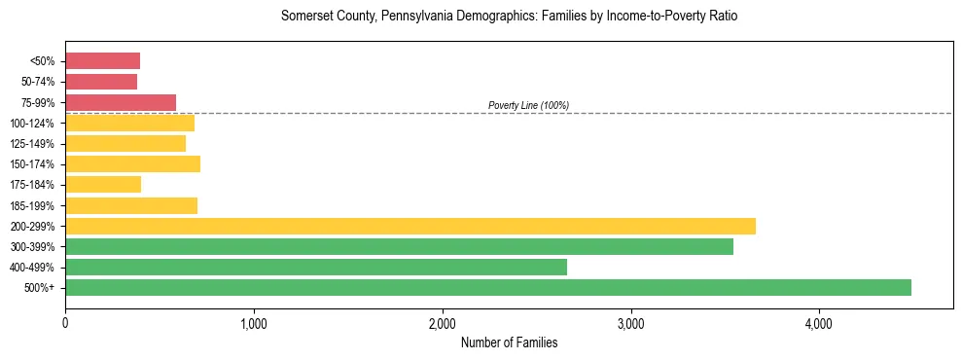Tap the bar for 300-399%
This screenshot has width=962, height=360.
pos(399,246)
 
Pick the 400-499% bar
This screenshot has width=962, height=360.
pos(316,267)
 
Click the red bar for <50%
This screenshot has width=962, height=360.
pos(102,61)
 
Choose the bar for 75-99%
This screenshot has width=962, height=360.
pos(121,102)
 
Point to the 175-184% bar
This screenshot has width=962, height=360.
pos(103,184)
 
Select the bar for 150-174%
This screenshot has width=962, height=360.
pos(132,163)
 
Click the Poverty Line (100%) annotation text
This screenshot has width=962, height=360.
pos(528,105)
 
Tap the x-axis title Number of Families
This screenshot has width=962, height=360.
pos(509,342)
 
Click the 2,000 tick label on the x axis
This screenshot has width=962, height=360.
pos(443,323)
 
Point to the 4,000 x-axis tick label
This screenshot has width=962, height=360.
pos(819,323)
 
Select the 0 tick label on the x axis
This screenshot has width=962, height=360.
pos(65,323)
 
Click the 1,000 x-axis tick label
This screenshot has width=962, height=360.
pos(254,323)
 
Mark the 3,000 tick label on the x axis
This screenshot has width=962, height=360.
pos(631,323)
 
